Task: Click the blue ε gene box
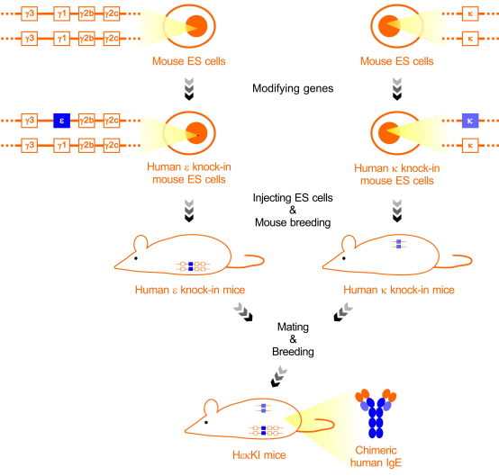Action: [62, 121]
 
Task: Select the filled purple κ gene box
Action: [470, 121]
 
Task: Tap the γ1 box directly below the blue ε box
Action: [62, 145]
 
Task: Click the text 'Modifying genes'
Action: [293, 88]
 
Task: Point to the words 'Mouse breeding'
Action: [293, 222]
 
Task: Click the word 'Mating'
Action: [293, 328]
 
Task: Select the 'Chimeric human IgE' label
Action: [376, 456]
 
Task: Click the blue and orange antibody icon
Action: [376, 413]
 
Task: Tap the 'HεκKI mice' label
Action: [259, 455]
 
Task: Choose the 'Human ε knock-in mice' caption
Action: [190, 290]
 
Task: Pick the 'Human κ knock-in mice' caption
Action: [399, 290]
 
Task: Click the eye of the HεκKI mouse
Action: [206, 423]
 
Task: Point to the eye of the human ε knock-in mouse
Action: [136, 258]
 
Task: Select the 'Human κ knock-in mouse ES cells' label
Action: [397, 175]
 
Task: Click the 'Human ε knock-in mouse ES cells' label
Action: [189, 174]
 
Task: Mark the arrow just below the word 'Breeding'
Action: [279, 377]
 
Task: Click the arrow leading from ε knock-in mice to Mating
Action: [243, 312]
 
